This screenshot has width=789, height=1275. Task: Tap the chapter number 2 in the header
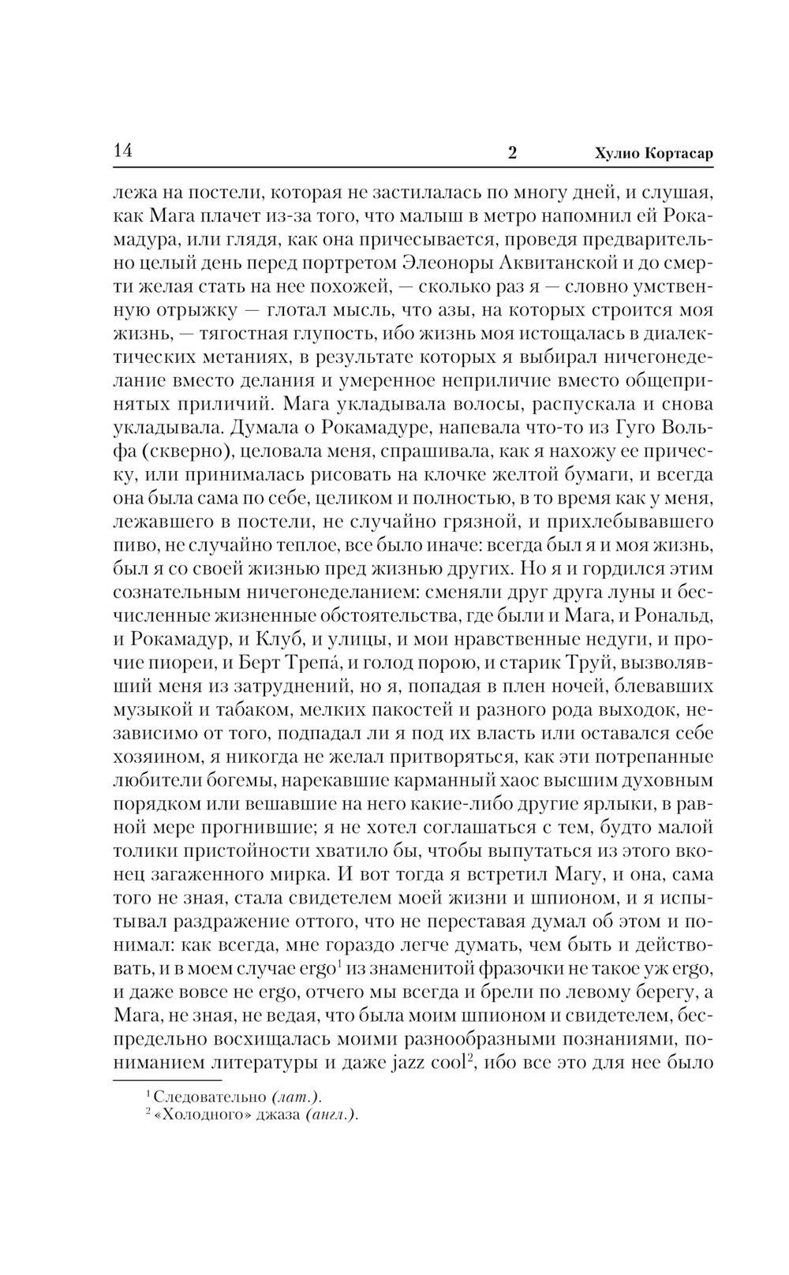[x=512, y=154]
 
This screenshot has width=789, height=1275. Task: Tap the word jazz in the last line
[x=407, y=1061]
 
